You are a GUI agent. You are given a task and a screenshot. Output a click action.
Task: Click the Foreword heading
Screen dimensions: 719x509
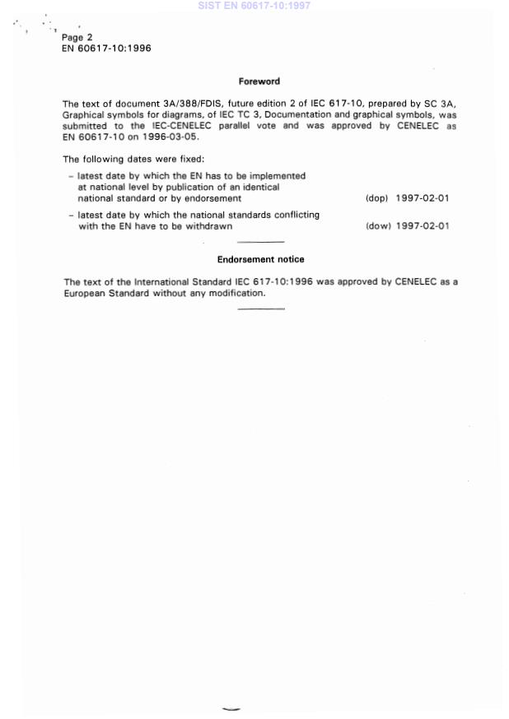259,81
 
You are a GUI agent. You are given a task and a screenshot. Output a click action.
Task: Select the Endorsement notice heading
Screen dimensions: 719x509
260,259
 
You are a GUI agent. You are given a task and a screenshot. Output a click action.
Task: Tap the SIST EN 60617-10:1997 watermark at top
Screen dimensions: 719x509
254,6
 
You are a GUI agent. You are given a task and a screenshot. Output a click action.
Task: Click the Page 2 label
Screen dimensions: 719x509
77,37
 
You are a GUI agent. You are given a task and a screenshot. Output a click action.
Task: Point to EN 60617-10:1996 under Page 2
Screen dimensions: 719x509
106,48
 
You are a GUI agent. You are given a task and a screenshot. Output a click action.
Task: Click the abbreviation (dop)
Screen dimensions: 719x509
376,198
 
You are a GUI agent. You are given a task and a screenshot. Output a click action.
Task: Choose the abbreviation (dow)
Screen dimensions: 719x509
377,226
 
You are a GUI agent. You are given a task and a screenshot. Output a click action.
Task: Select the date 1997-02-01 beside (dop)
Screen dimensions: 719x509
422,198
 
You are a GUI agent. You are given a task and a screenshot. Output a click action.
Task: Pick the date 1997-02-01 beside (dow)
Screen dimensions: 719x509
422,226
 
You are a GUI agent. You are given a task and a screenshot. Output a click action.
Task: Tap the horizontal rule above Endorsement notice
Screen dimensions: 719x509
260,242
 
